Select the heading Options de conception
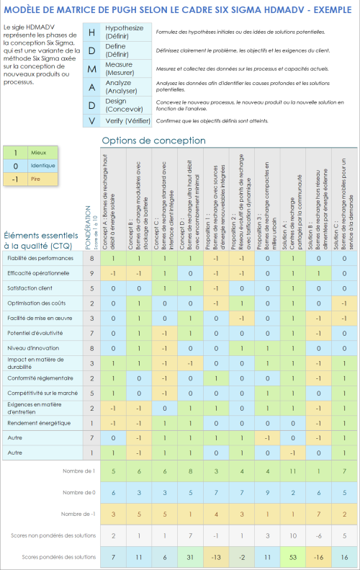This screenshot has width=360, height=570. (153, 141)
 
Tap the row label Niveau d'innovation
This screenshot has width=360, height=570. (31, 348)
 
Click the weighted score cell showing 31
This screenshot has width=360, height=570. (188, 558)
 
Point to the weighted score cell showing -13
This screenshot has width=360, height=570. (215, 558)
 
